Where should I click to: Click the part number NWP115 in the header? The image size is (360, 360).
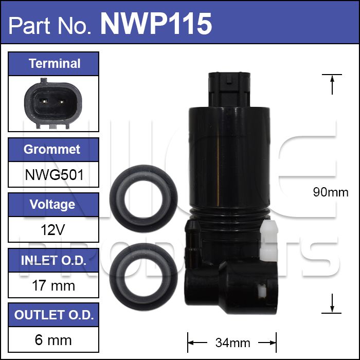click(x=156, y=24)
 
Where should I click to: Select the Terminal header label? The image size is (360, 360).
click(x=55, y=64)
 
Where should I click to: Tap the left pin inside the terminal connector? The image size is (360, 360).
click(x=43, y=101)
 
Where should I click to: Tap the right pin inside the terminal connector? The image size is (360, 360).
click(x=61, y=101)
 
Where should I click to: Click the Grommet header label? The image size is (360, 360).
click(x=52, y=150)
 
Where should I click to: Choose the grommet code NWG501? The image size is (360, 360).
click(x=54, y=175)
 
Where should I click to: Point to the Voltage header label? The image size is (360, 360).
click(x=52, y=205)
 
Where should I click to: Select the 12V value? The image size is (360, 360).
click(x=53, y=229)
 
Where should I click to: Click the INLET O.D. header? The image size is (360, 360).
click(x=53, y=260)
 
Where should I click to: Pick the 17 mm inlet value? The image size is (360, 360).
click(x=53, y=285)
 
